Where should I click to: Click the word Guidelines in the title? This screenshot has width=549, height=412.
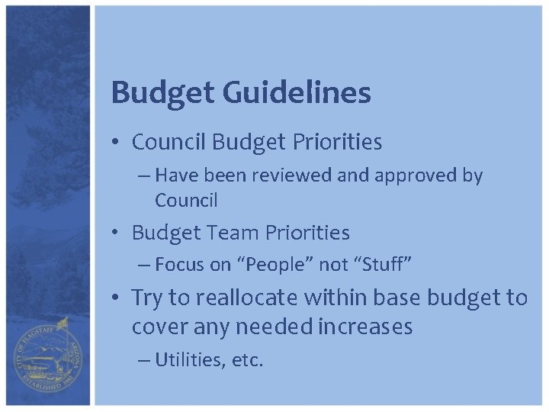[x=297, y=93]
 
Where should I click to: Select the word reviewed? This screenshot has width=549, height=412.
[x=294, y=175]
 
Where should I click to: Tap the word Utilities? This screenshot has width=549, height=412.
[x=189, y=360]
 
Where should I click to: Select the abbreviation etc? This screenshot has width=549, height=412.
[x=246, y=360]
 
